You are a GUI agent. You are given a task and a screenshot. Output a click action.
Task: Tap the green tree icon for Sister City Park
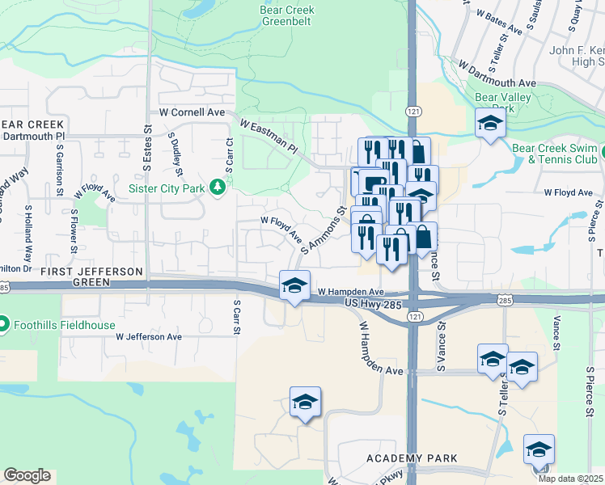217,188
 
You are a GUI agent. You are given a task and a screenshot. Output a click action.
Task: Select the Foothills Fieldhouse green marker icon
5,324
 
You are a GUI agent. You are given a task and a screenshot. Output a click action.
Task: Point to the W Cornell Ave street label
192,112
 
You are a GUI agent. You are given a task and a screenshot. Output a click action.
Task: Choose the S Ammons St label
324,230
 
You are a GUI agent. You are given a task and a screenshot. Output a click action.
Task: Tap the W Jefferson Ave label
149,336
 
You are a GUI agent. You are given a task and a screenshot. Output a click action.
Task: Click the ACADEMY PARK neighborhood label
400,458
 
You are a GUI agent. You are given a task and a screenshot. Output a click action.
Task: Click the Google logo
27,475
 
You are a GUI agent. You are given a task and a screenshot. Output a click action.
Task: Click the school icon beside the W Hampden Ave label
294,285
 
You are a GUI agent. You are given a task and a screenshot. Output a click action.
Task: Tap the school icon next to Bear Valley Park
489,124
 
